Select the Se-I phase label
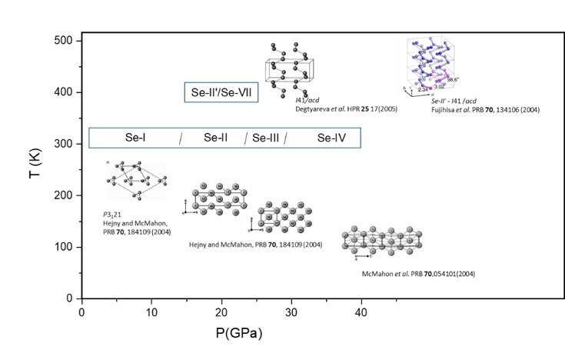136,138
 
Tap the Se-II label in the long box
214,138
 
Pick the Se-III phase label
267,138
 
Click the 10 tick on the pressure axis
151,312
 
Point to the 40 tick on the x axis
361,312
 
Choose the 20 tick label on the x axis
221,312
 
